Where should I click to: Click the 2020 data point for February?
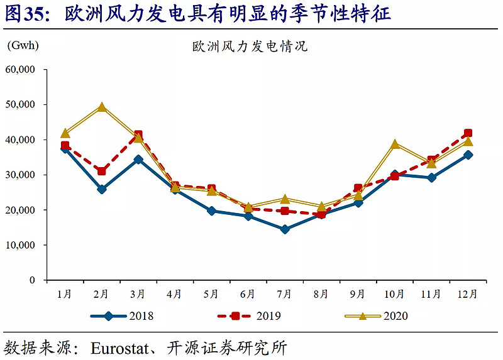(102, 107)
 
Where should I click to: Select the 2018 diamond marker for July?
(285, 229)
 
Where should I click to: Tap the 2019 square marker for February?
(102, 171)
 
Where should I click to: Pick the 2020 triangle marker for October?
(395, 144)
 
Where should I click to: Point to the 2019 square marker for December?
(468, 133)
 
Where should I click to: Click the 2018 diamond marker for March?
(138, 160)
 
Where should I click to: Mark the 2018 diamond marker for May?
(212, 211)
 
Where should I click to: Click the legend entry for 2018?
(123, 315)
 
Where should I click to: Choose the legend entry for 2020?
(377, 315)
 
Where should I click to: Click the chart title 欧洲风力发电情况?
(250, 46)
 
